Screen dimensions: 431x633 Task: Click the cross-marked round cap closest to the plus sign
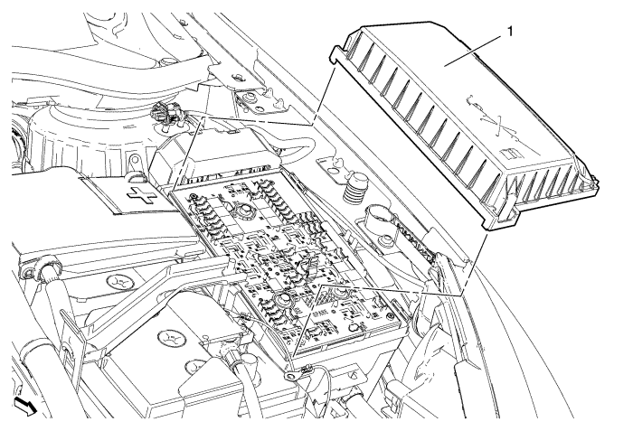coord(119,284)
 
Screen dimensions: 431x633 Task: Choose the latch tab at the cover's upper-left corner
coord(335,57)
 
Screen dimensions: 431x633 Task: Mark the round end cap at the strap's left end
coord(43,269)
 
